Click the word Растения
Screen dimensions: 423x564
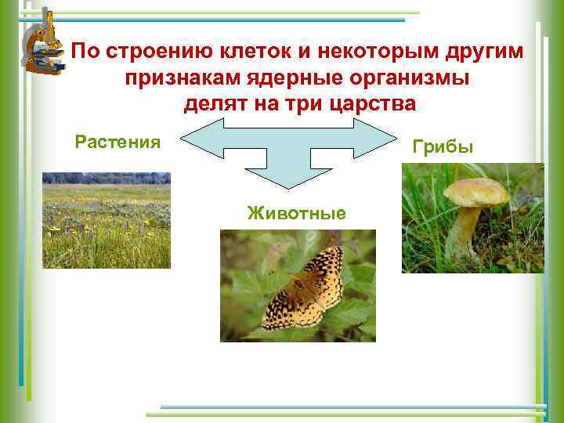[117, 142]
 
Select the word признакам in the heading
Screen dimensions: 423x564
[167, 78]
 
